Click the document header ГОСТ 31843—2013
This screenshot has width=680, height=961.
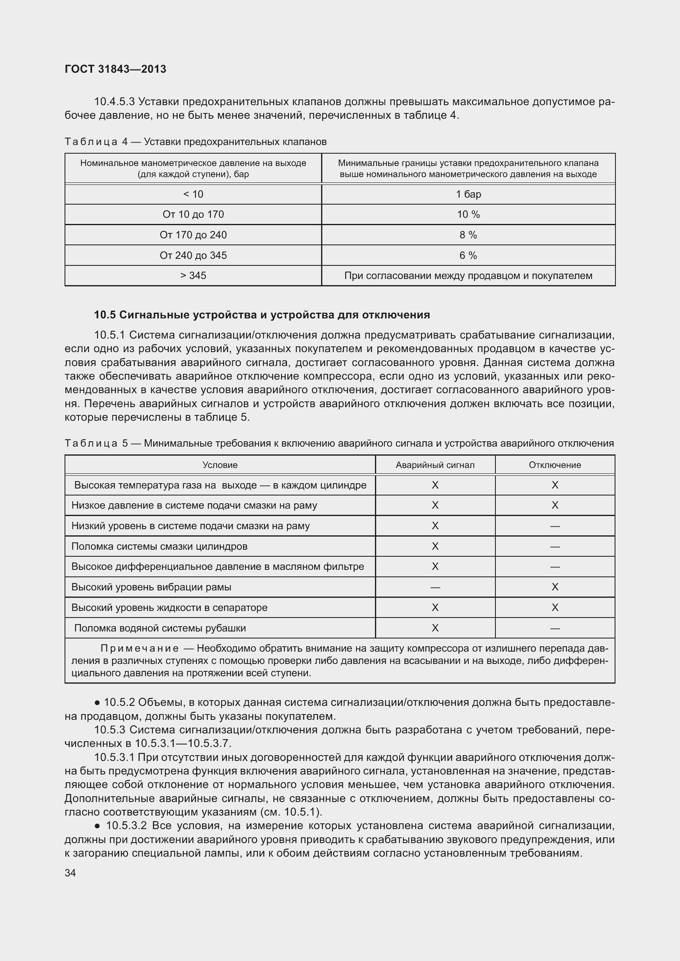115,69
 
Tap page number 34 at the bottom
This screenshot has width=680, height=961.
70,873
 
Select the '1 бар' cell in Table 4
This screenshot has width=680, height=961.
468,194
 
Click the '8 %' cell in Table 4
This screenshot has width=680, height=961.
468,235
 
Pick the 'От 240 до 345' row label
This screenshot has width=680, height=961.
193,255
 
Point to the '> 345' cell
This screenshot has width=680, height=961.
193,275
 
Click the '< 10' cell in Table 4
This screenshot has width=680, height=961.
193,194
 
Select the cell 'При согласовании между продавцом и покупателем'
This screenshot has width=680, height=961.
468,275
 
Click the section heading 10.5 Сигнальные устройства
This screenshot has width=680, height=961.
262,315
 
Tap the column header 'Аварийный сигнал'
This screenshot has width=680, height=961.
435,465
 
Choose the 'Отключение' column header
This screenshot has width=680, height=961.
555,465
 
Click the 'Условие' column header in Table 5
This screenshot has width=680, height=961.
220,465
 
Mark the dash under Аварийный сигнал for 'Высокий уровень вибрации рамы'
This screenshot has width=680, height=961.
435,587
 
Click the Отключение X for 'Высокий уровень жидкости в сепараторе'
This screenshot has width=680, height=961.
555,607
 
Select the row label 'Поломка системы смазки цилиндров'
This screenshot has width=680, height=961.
159,546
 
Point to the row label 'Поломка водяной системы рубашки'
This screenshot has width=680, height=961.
160,628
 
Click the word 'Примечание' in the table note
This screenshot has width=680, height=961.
139,648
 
